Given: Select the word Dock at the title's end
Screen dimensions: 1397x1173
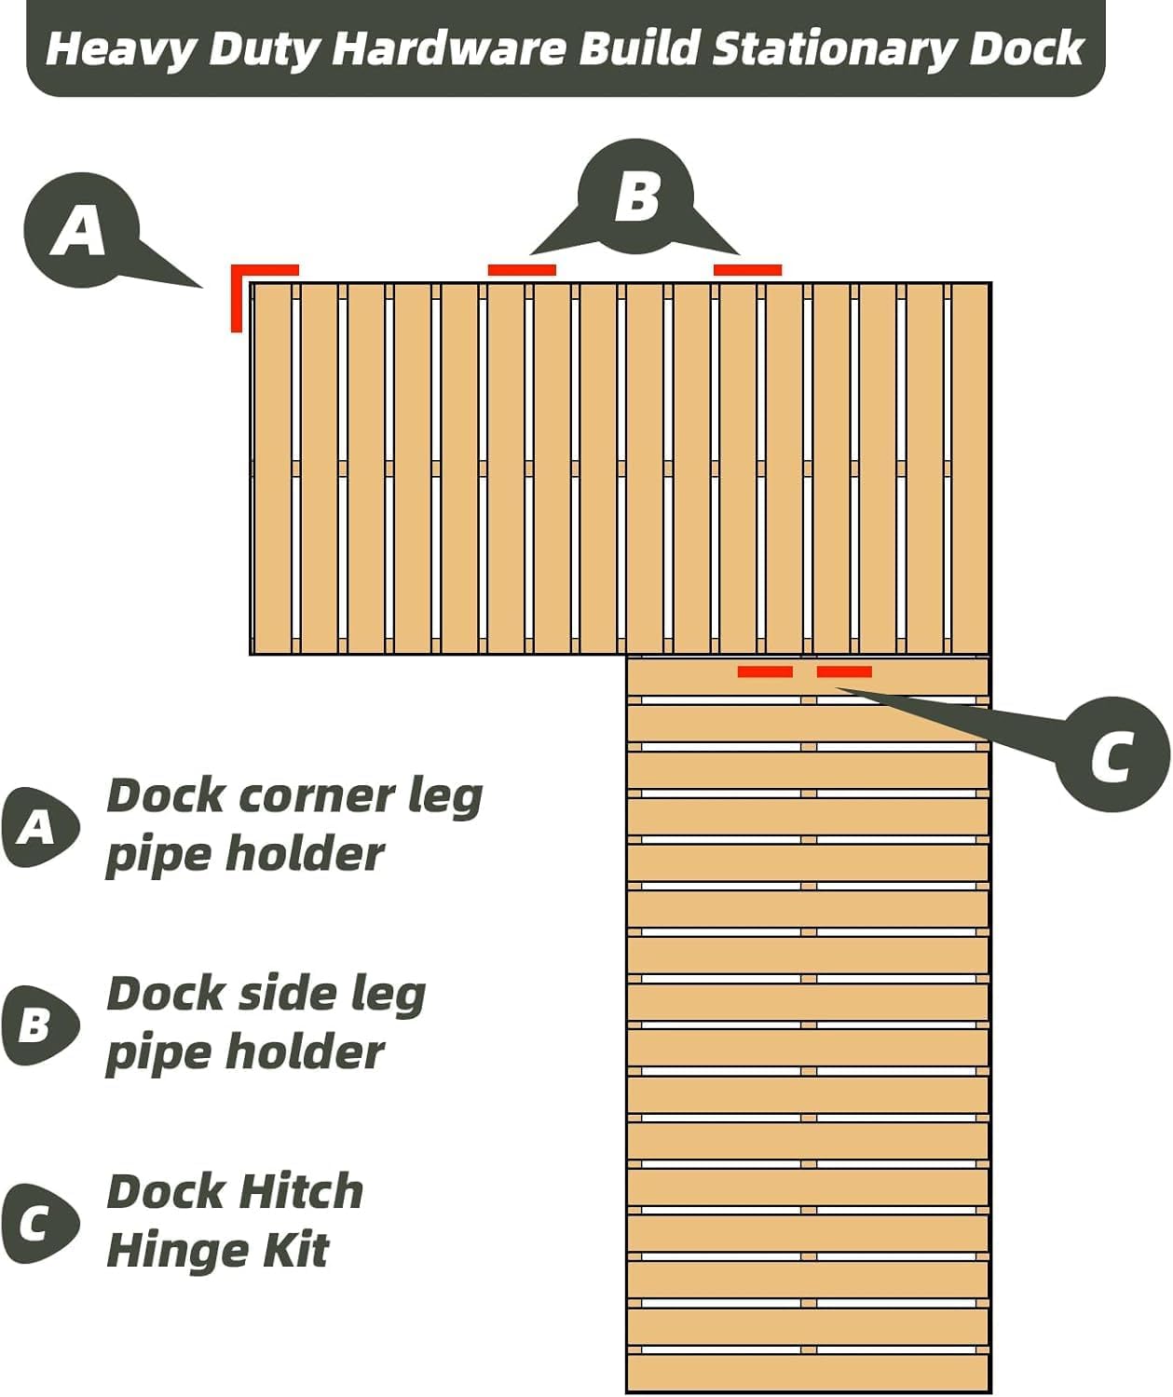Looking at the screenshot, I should (1026, 48).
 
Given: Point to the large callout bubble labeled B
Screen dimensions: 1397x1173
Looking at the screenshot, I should (636, 197).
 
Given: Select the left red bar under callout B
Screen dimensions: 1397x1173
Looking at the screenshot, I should (522, 270).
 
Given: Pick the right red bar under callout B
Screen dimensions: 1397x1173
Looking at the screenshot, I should (747, 270).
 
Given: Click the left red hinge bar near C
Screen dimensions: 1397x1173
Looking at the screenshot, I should (765, 671).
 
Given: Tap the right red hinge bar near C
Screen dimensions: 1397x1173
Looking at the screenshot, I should (844, 671).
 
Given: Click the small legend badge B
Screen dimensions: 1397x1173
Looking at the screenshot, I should (37, 1025).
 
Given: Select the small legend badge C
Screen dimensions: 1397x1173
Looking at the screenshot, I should (37, 1224).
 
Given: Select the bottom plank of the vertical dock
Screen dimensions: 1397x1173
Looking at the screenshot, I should (808, 1372).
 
